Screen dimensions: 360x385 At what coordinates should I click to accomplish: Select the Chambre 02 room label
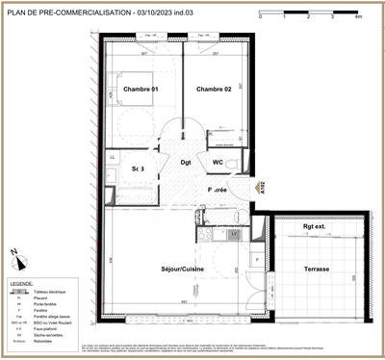tap(216, 90)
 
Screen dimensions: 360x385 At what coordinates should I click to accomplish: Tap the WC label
tap(218, 163)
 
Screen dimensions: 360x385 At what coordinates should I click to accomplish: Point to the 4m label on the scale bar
tap(358, 17)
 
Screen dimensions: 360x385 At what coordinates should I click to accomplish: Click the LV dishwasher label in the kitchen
tap(234, 233)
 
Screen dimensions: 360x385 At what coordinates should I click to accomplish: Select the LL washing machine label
tap(114, 156)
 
